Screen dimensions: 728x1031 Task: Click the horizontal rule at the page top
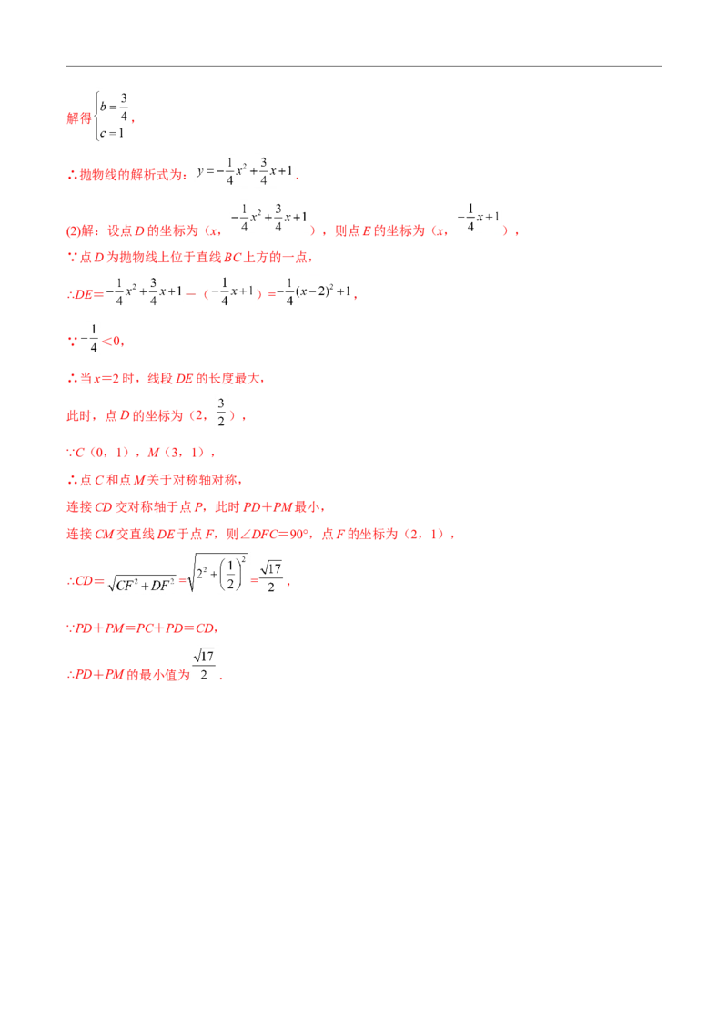[x=363, y=66]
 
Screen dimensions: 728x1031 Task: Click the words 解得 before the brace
[x=79, y=118]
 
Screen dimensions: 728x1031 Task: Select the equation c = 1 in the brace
[x=112, y=133]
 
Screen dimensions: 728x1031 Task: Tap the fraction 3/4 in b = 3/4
[x=124, y=107]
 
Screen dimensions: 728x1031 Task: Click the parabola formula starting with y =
[x=245, y=171]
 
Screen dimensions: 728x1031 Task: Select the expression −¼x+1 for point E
[x=478, y=218]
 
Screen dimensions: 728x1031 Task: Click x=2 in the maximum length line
[x=106, y=379]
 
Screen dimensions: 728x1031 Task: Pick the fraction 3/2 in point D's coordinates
[x=221, y=413]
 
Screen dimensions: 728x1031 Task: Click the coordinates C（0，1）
[x=102, y=453]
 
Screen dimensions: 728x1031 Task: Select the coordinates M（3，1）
[x=177, y=453]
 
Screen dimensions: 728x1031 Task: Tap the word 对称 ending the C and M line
[x=224, y=480]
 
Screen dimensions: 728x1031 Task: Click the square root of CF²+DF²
[x=143, y=583]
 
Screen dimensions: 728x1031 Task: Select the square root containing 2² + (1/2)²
[x=217, y=572]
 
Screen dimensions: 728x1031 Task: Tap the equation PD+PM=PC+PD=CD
[x=145, y=628]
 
